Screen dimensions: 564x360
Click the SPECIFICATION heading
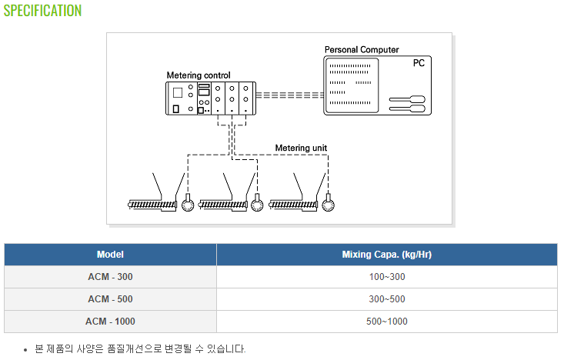pyautogui.click(x=42, y=11)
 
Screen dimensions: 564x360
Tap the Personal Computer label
pyautogui.click(x=362, y=50)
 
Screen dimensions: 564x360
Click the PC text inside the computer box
pyautogui.click(x=419, y=63)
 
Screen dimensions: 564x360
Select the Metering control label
pyautogui.click(x=199, y=75)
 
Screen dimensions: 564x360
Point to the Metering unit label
pyautogui.click(x=301, y=148)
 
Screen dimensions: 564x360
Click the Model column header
pyautogui.click(x=110, y=255)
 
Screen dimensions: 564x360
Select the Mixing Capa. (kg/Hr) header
pyautogui.click(x=387, y=255)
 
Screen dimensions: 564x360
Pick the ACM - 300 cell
pyautogui.click(x=110, y=277)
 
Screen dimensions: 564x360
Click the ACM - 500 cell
pyautogui.click(x=110, y=299)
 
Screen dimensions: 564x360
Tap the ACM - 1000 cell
pyautogui.click(x=110, y=322)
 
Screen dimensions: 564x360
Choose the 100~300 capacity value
pyautogui.click(x=387, y=277)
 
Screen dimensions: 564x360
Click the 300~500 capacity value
pyautogui.click(x=387, y=299)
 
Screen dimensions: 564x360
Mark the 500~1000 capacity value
pyautogui.click(x=387, y=322)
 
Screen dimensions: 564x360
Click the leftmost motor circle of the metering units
pyautogui.click(x=188, y=205)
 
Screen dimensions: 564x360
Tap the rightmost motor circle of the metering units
pyautogui.click(x=328, y=205)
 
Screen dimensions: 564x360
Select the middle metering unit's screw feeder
pyautogui.click(x=223, y=205)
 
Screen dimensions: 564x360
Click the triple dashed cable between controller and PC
pyautogui.click(x=290, y=95)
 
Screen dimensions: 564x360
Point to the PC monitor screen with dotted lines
pyautogui.click(x=352, y=85)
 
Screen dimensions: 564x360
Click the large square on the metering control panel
pyautogui.click(x=177, y=93)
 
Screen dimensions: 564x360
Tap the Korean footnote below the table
pyautogui.click(x=140, y=348)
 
